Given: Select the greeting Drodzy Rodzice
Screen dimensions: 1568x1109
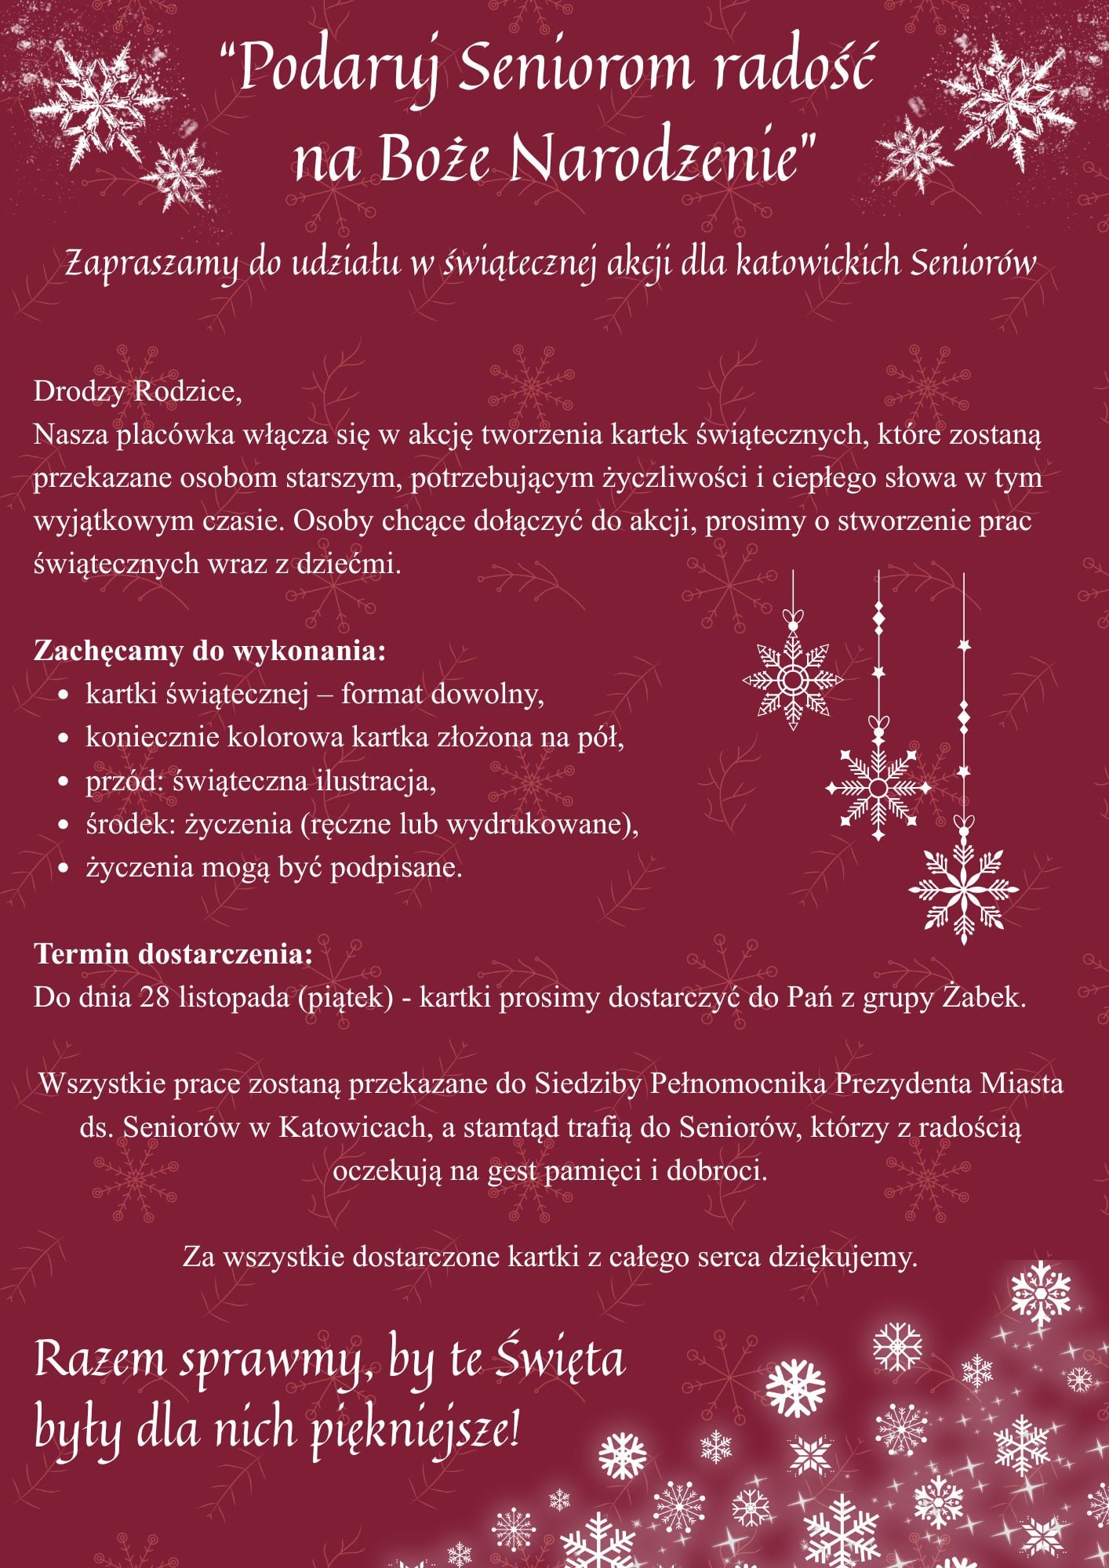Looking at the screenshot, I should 137,391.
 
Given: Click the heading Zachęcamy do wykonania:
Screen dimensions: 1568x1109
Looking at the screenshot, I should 209,651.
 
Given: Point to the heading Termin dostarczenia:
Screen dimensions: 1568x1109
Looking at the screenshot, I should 173,954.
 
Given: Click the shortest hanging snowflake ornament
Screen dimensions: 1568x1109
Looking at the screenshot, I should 792,679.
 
